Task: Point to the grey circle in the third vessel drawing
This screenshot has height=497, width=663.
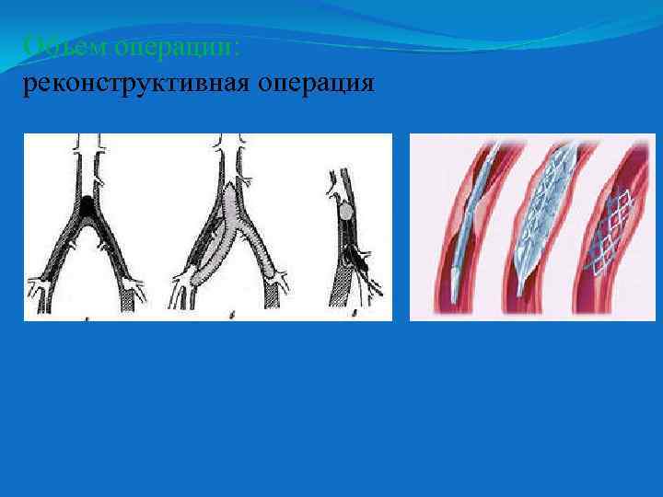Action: (344, 212)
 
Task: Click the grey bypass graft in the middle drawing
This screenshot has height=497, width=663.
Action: (230, 221)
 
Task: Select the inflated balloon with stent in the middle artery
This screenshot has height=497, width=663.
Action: (543, 212)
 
